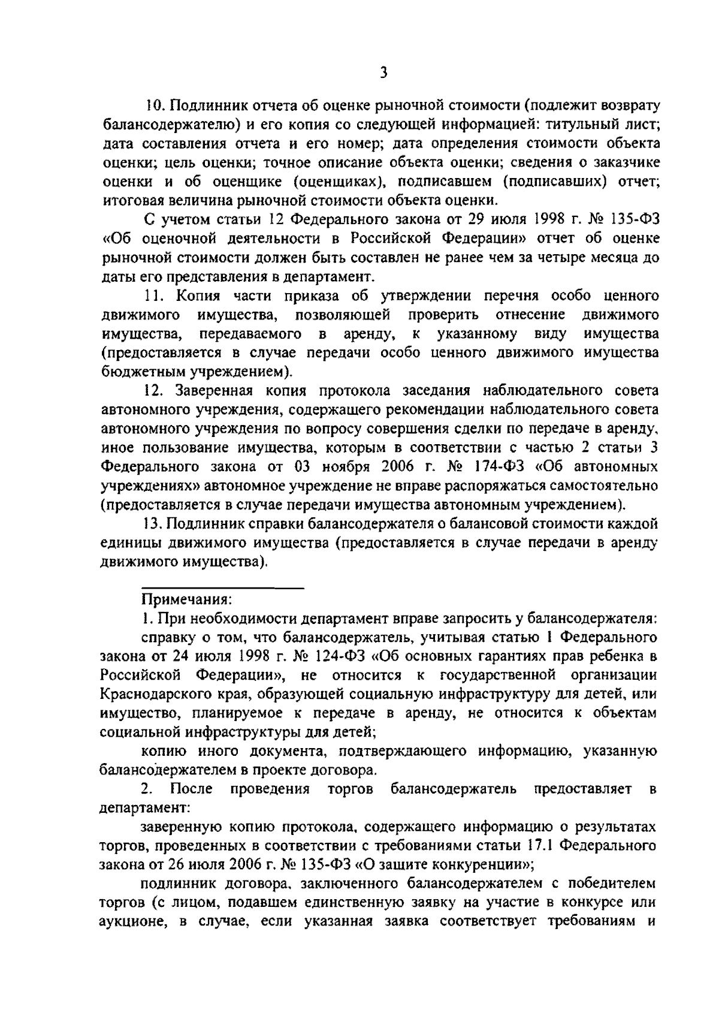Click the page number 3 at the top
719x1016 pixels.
pyautogui.click(x=383, y=73)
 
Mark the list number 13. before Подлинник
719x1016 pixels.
pyautogui.click(x=154, y=524)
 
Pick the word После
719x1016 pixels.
pyautogui.click(x=192, y=789)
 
